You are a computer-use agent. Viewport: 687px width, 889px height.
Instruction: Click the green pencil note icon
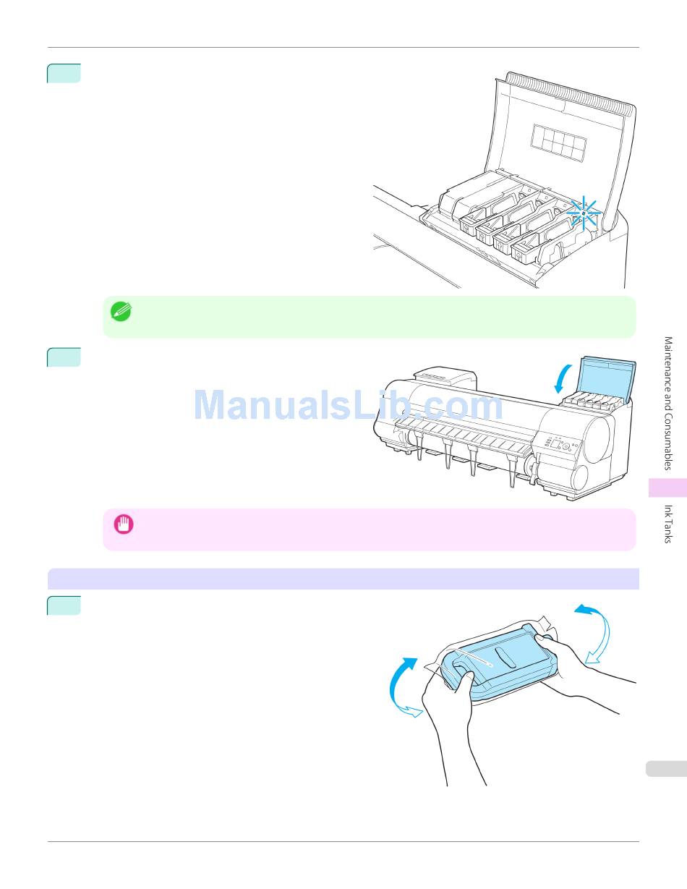(x=120, y=312)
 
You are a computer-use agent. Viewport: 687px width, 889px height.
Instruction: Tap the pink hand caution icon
(x=124, y=524)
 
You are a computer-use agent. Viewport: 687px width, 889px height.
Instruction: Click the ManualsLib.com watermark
(x=348, y=406)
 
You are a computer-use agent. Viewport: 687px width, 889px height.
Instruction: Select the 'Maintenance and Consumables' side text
(x=668, y=403)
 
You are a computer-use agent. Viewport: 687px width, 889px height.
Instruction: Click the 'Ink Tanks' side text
(x=668, y=524)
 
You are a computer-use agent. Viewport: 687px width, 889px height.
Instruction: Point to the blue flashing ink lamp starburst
(x=583, y=213)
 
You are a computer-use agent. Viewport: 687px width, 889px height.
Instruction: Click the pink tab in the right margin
(x=667, y=488)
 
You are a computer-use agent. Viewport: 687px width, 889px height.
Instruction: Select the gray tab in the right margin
(x=663, y=768)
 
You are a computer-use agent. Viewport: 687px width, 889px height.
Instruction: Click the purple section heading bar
(x=343, y=579)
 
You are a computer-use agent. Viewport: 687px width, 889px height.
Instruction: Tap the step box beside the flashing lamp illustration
(x=64, y=74)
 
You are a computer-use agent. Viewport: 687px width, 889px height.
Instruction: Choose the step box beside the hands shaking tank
(x=64, y=605)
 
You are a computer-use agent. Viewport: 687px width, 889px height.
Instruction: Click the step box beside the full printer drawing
(x=64, y=357)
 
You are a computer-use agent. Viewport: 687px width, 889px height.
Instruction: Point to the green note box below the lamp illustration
(x=369, y=317)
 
